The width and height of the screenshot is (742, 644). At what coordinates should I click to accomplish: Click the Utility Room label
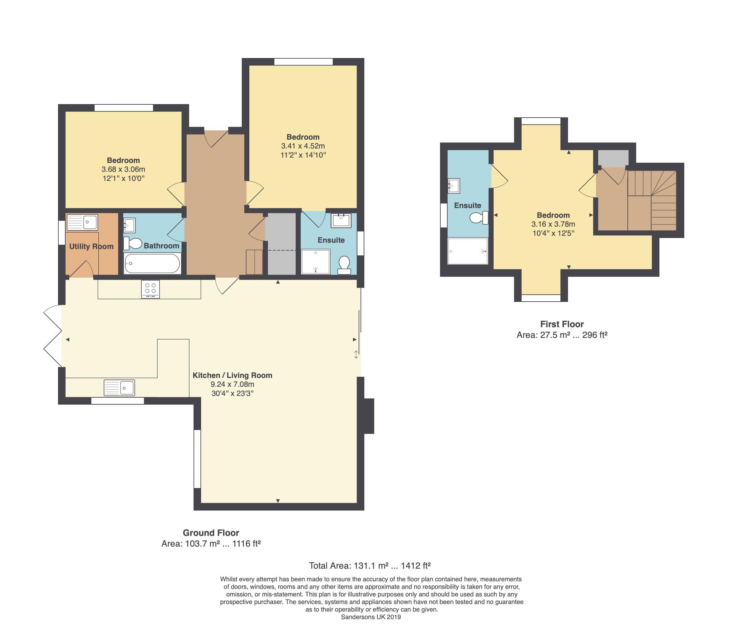pos(91,247)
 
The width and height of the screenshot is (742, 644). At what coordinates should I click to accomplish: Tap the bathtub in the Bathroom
pos(152,264)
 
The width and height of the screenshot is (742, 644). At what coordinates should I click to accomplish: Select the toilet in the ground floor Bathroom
pos(133,244)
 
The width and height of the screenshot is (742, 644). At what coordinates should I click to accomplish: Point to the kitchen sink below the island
pos(119,388)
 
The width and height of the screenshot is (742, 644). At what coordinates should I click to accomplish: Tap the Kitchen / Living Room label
pos(233,375)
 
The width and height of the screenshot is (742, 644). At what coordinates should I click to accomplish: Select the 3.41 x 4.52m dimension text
pos(303,146)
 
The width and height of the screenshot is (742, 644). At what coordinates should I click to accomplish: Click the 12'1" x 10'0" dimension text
pos(123,178)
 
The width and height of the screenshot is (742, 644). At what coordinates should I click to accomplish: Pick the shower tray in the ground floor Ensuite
pos(316,262)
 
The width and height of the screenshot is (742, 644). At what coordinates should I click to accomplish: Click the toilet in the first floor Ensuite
pos(479,218)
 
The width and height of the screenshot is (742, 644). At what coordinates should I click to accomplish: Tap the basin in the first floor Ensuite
pos(454,186)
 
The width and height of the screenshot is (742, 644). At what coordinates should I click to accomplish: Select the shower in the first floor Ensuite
pos(467,251)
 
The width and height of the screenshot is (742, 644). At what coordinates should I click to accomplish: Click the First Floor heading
pos(562,324)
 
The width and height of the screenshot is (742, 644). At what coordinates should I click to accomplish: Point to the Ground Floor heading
pos(211,533)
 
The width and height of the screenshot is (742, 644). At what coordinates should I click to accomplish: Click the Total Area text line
pos(370,566)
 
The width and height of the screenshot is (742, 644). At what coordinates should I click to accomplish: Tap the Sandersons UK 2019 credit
pos(371,617)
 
